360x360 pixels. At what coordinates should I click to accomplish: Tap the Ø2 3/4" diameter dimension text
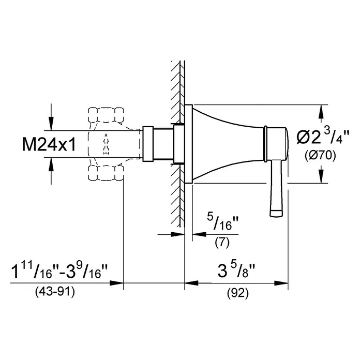click(x=322, y=137)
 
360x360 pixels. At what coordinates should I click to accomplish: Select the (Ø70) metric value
click(x=320, y=156)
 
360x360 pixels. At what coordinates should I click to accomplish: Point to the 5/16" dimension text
click(x=223, y=221)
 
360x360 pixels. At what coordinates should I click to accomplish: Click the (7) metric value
click(x=222, y=242)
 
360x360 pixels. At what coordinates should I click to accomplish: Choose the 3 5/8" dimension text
click(x=236, y=271)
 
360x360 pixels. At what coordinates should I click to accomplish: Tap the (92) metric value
click(x=238, y=293)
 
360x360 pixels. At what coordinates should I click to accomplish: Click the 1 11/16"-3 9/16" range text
click(x=59, y=271)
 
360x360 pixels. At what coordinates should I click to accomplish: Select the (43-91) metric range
click(x=55, y=292)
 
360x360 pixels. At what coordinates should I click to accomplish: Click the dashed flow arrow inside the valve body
click(x=106, y=144)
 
